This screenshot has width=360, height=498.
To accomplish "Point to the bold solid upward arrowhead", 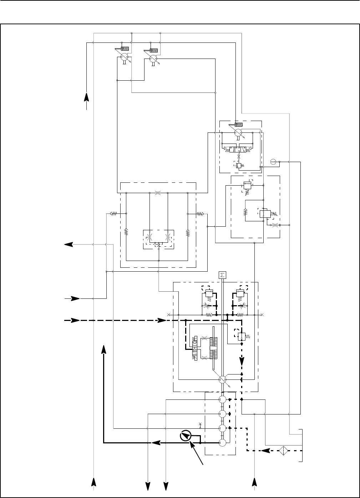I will pos(103,349).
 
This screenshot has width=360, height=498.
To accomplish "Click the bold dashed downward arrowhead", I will pos(242,361).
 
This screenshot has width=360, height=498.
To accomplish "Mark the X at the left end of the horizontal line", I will pos(168,315).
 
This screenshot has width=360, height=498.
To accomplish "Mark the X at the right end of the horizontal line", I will pos(262,315).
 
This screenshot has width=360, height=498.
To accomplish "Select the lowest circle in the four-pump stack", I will pos(222,443).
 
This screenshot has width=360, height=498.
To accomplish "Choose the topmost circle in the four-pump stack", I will pos(222,399).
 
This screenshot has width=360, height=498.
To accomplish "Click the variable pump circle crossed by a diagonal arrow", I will pos(222,380).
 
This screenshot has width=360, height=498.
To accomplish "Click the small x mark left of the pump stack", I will pos(201,424).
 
